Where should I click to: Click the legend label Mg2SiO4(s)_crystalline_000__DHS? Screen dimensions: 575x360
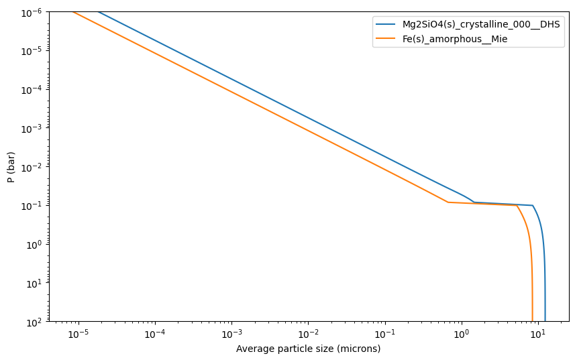[481, 25]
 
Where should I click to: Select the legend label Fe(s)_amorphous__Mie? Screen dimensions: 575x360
[455, 39]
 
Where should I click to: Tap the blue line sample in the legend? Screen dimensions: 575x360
[385, 24]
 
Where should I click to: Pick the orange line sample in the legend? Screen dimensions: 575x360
[385, 38]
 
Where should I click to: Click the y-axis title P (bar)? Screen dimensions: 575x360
[11, 167]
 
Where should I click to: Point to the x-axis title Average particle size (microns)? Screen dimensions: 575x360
[308, 349]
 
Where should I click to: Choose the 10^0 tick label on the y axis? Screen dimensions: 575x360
[36, 245]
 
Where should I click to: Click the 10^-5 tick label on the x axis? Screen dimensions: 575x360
[78, 335]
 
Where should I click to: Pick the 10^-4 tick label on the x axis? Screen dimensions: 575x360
[155, 335]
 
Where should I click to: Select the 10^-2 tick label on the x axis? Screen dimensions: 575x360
[309, 335]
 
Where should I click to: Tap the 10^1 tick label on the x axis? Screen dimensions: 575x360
[538, 335]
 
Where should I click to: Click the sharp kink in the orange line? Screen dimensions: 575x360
[448, 202]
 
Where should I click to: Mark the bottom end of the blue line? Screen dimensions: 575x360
[545, 321]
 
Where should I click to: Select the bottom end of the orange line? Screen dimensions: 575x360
[533, 321]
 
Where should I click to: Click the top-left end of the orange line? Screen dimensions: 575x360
[72, 12]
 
